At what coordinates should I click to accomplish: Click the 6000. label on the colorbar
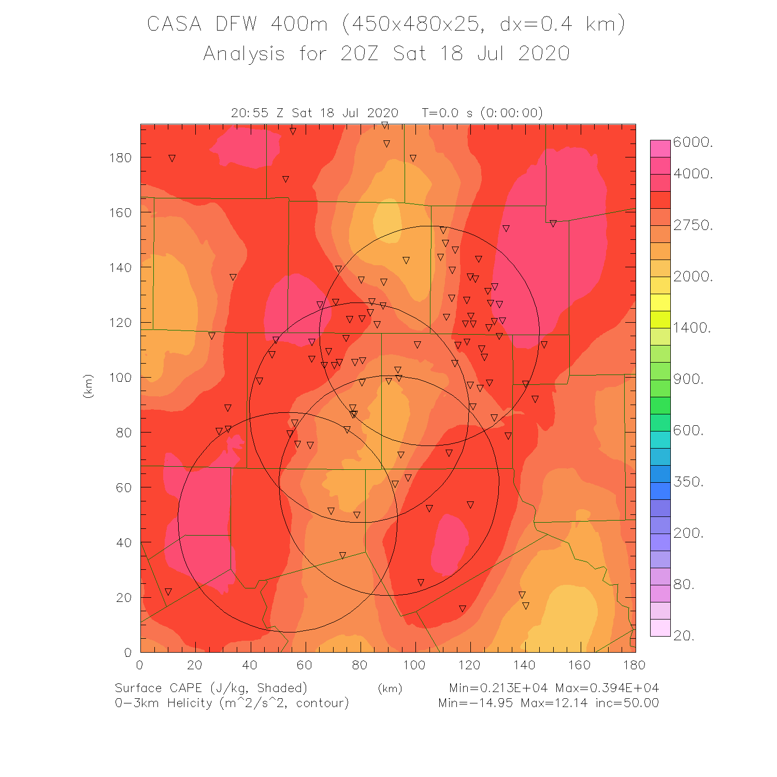[x=693, y=142]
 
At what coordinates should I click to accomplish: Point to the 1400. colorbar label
[x=692, y=327]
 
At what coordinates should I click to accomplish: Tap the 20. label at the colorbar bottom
[x=684, y=636]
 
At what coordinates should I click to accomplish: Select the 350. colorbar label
[x=688, y=482]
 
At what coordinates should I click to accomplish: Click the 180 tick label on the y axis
[x=120, y=157]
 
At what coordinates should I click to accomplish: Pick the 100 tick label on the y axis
[x=120, y=378]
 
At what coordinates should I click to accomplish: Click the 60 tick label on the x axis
[x=305, y=665]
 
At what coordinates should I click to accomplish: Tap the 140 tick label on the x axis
[x=524, y=665]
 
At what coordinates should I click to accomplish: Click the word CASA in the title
[x=174, y=24]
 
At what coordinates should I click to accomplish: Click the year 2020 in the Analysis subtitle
[x=544, y=53]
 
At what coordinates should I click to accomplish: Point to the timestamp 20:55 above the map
[x=250, y=113]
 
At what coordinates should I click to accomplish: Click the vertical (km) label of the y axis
[x=88, y=386]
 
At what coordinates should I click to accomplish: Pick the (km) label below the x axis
[x=390, y=688]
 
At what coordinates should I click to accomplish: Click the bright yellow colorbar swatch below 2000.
[x=660, y=302]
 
